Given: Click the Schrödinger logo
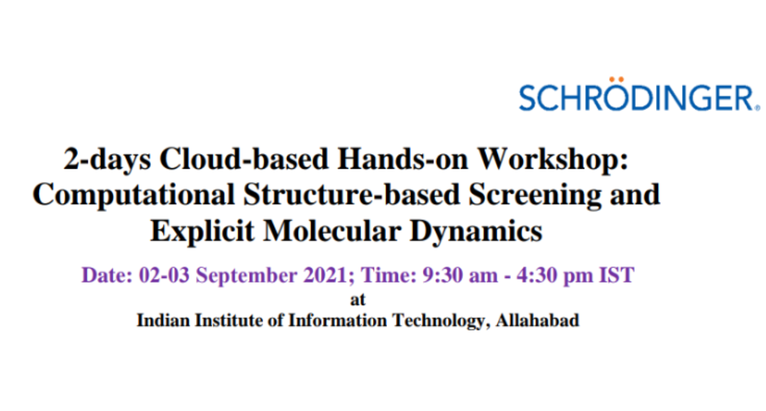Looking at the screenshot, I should click(639, 97).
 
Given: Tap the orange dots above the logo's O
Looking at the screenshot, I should click(616, 79).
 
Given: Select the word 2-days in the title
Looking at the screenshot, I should click(107, 159).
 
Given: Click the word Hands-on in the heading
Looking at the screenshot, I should click(402, 159).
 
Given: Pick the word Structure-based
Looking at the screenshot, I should click(352, 195).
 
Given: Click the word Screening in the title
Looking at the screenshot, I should click(535, 195).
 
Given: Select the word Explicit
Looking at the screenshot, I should click(202, 231).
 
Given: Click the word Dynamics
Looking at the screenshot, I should click(476, 231).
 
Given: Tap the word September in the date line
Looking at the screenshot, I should click(246, 276).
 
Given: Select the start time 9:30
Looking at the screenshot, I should click(443, 276).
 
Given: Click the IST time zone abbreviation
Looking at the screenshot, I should click(616, 276).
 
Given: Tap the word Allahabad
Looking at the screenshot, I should click(537, 320).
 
